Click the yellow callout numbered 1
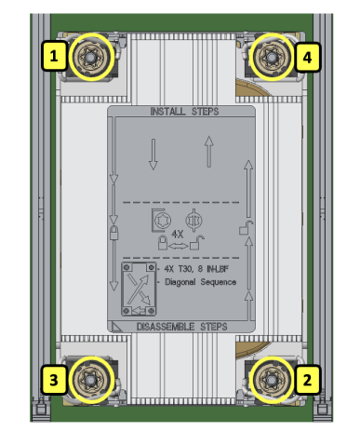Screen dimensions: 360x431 pos(54,56)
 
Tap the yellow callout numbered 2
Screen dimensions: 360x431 pos(307,380)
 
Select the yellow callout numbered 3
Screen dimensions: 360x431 pos(54,380)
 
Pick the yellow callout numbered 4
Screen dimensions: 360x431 pos(307,58)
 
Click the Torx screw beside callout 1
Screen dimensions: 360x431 pos(90,57)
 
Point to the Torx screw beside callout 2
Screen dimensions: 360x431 pos(272,380)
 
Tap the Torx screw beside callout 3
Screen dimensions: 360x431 pos(90,380)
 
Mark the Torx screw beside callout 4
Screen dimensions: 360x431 pos(272,57)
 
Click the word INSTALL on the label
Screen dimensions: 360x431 pos(167,112)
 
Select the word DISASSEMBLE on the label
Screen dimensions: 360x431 pos(167,327)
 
